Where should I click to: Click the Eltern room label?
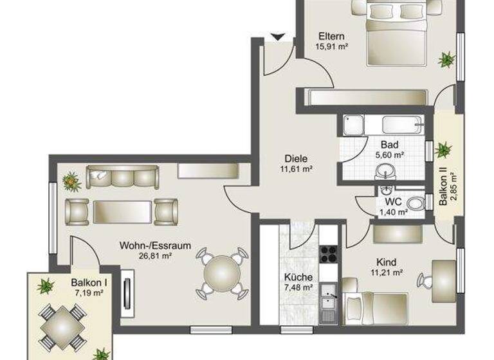pos(331,36)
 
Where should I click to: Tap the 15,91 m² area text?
pos(331,46)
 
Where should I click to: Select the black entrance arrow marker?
pos(279,37)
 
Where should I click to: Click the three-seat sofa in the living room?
pos(122,177)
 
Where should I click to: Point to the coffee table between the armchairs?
pos(122,211)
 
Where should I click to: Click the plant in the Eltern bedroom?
pos(446,60)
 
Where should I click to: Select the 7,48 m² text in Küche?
pos(298,287)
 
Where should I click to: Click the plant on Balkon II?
pos(443,150)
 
